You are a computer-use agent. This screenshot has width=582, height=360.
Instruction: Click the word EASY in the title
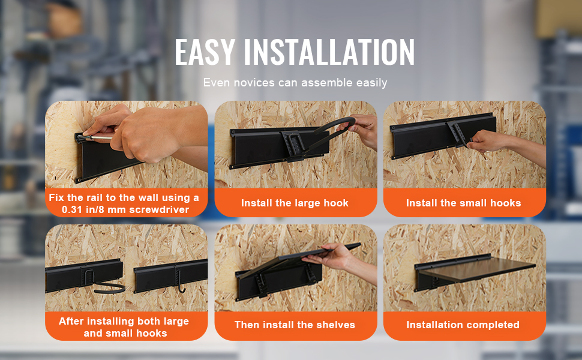coord(205,52)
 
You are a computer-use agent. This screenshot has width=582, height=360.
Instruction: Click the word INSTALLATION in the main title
coord(329,52)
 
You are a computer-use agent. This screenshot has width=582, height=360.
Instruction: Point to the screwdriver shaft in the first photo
coord(100,137)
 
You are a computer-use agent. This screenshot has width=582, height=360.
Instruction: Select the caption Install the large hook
coord(295,203)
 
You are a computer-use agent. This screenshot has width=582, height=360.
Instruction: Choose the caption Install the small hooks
coord(463,203)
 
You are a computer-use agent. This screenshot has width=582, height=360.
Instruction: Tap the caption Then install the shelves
coord(295,325)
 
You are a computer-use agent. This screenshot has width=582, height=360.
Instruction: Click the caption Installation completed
coord(463,325)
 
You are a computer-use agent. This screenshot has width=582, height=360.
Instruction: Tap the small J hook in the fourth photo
coord(181,283)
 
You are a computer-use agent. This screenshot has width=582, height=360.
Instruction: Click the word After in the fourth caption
coord(71,321)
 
